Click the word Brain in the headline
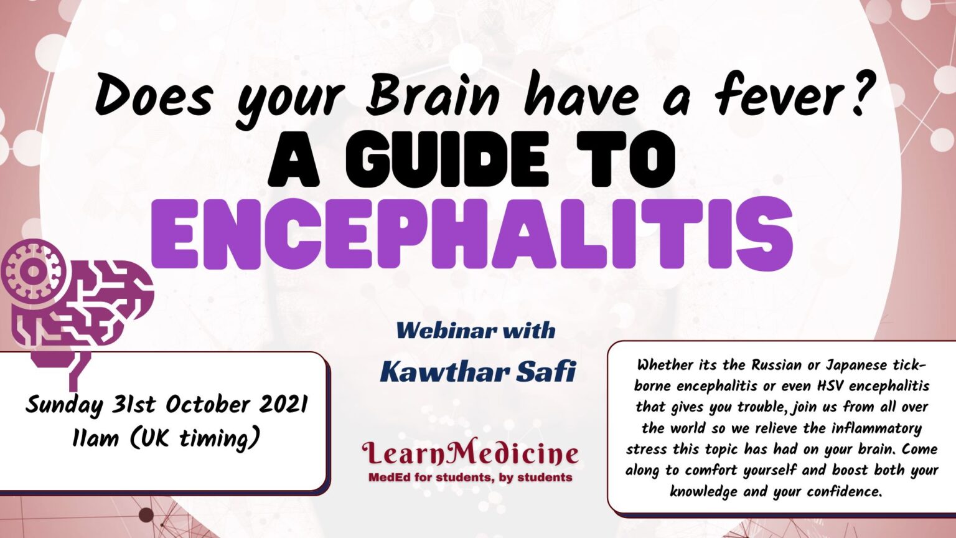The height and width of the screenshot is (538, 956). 433,95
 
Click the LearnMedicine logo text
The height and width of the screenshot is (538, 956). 471,453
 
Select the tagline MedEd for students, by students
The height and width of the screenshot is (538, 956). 471,478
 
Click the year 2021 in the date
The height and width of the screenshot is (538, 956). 283,405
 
